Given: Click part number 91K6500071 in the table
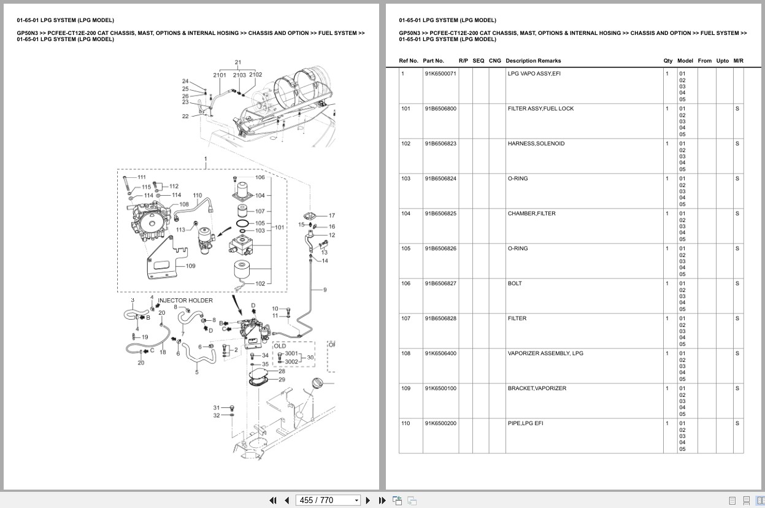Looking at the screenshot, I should (440, 74).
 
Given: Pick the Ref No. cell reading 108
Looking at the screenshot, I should (406, 353).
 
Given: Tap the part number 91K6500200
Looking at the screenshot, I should (440, 423).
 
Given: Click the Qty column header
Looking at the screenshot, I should (667, 61).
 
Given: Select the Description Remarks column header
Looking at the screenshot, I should (533, 61).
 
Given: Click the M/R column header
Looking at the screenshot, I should (738, 61).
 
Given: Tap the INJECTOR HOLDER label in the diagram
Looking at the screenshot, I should (185, 301).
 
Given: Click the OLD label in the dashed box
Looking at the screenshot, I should (280, 346).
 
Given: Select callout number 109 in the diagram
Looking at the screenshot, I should (191, 266).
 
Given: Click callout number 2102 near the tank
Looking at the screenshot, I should (255, 75).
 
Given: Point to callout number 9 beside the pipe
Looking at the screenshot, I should (325, 290).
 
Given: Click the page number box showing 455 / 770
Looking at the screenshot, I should (328, 500).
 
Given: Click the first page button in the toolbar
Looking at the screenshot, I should (273, 500).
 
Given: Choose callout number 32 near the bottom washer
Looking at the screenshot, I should (217, 416).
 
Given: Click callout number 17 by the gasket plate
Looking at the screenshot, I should (332, 215).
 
